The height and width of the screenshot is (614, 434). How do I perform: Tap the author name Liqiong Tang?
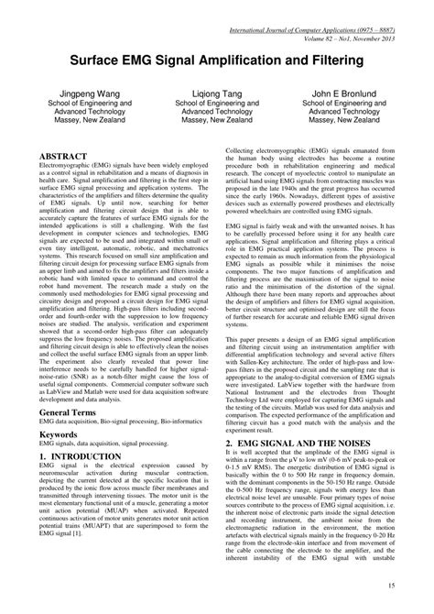click(x=217, y=93)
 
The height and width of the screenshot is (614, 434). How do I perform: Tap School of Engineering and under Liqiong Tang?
click(x=217, y=105)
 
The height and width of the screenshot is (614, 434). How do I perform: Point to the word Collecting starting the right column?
click(x=242, y=148)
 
